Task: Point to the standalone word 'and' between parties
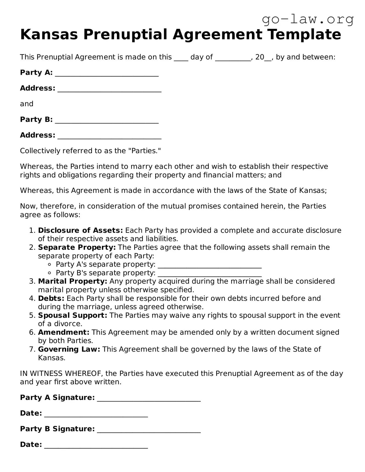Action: (27, 104)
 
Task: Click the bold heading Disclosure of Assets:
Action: (80, 230)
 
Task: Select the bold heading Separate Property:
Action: (77, 247)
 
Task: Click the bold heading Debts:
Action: (51, 298)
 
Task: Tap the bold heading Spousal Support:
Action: (72, 315)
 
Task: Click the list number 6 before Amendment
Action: (32, 332)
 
